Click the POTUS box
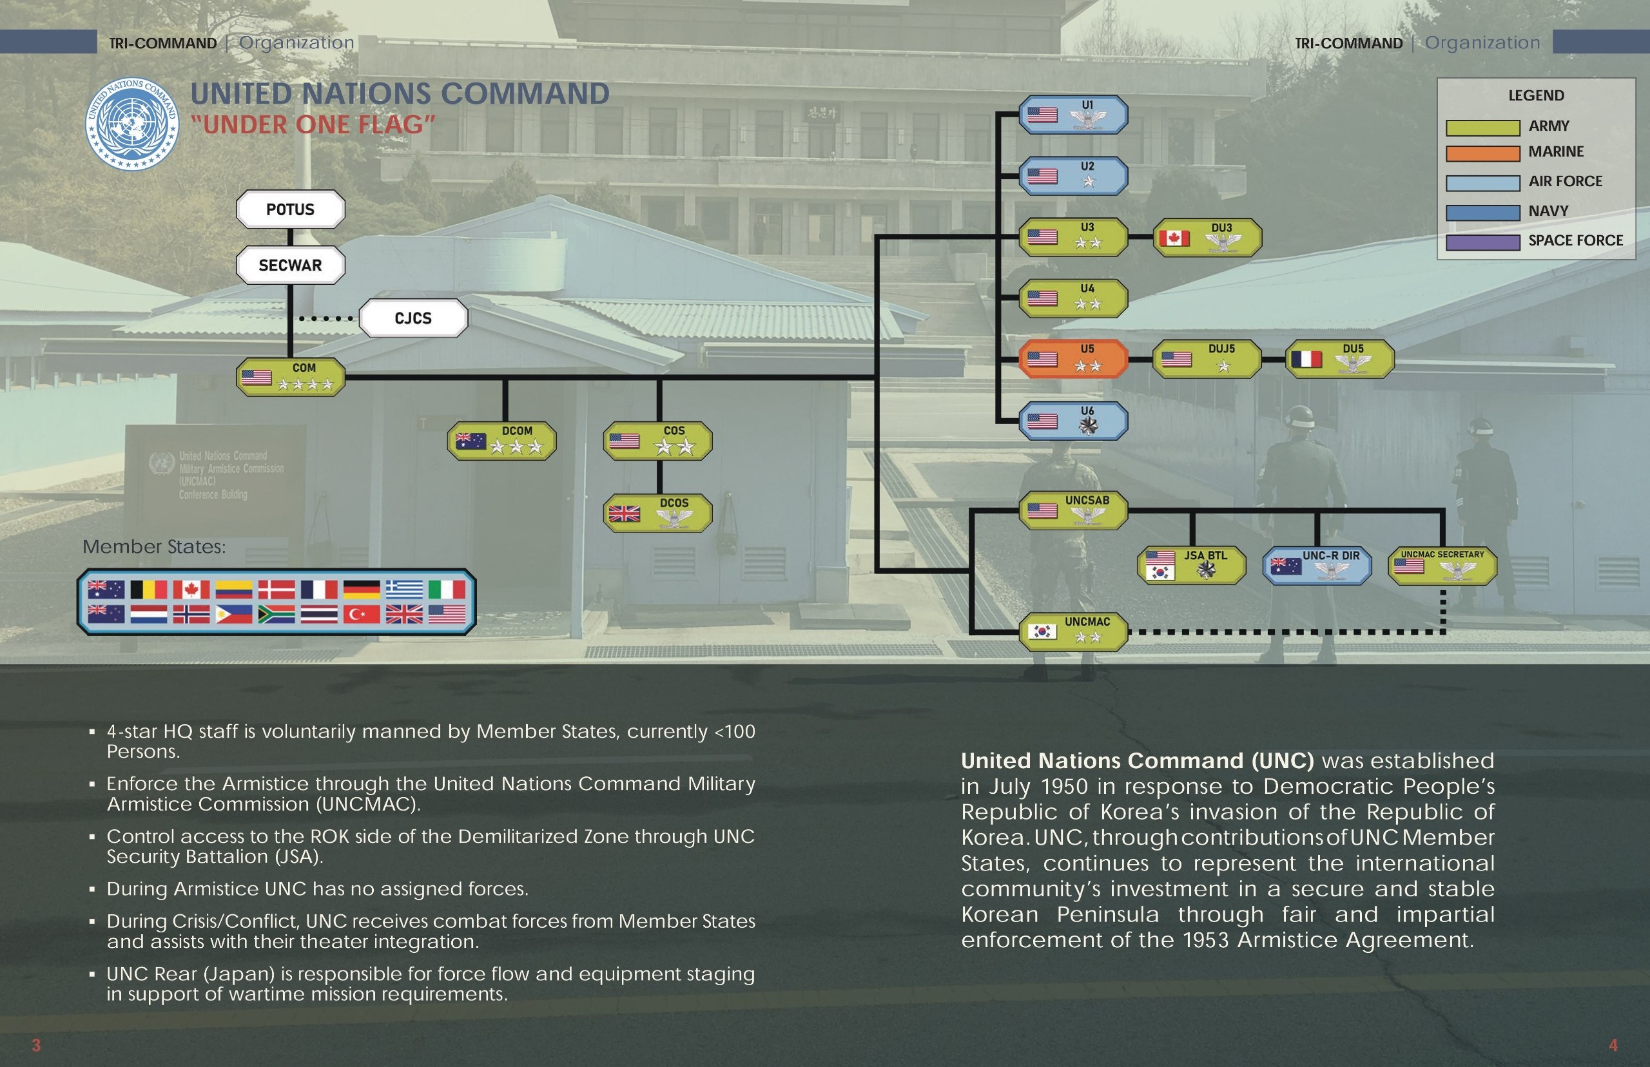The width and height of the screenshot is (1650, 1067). pos(290,209)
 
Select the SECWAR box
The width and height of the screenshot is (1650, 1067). pos(290,265)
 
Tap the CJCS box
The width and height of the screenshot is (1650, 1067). pos(413,318)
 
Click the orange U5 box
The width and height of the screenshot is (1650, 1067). pos(1072,359)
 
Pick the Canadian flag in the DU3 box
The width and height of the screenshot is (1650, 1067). pos(1174,238)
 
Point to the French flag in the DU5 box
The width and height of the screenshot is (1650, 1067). pos(1307,360)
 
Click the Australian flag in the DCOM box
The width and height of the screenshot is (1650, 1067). pos(471,441)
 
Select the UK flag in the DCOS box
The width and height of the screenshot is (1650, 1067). pos(624,514)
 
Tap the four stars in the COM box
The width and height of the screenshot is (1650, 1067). pos(306,384)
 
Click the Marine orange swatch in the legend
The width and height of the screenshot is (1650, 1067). pos(1482,153)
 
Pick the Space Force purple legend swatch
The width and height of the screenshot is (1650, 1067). pos(1482,242)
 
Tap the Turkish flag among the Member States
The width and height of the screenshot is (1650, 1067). pos(362,614)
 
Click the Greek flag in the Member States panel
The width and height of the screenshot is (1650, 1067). pos(404,590)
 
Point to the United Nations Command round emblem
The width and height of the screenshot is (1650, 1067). pos(131,124)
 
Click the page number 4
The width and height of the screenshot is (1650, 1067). pos(1613,1045)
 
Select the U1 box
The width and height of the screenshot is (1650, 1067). pos(1072,114)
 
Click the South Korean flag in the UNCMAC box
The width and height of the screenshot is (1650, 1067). pos(1042,631)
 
